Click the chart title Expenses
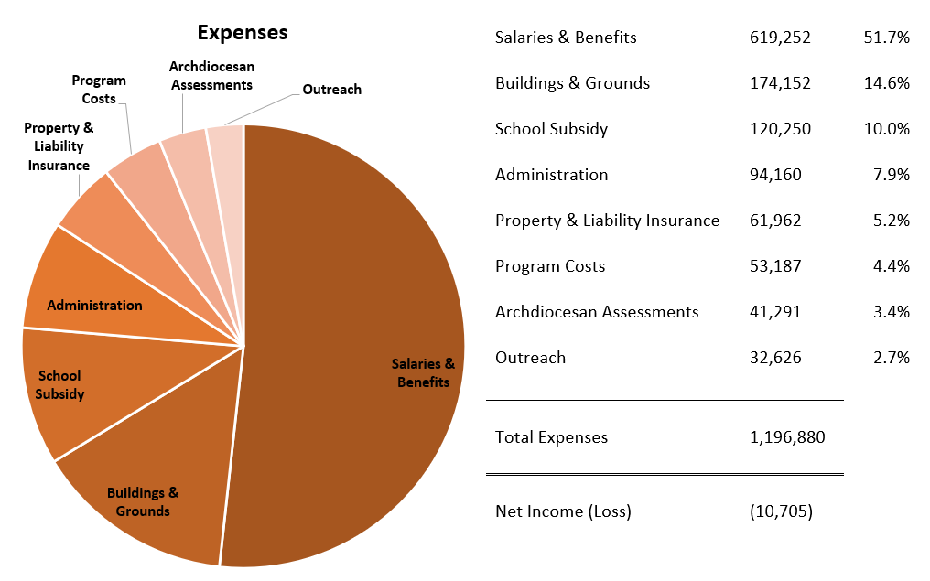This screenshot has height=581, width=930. (243, 33)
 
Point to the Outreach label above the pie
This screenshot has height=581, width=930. (331, 90)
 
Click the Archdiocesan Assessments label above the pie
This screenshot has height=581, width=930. (211, 76)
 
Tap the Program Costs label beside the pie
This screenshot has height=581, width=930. (99, 90)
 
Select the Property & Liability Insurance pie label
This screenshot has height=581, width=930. (59, 146)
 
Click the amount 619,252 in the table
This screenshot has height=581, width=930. (780, 38)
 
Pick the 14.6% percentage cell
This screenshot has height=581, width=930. (886, 83)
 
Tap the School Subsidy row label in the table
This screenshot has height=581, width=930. (551, 129)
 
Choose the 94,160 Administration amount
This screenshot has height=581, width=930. (775, 175)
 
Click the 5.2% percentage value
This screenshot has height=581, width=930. (891, 221)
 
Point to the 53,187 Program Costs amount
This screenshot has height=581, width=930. (775, 266)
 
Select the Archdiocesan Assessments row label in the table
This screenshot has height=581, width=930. (597, 312)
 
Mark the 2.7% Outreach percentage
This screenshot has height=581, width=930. (891, 358)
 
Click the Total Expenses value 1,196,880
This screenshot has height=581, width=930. (787, 437)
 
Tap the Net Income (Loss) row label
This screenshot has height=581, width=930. (563, 511)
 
